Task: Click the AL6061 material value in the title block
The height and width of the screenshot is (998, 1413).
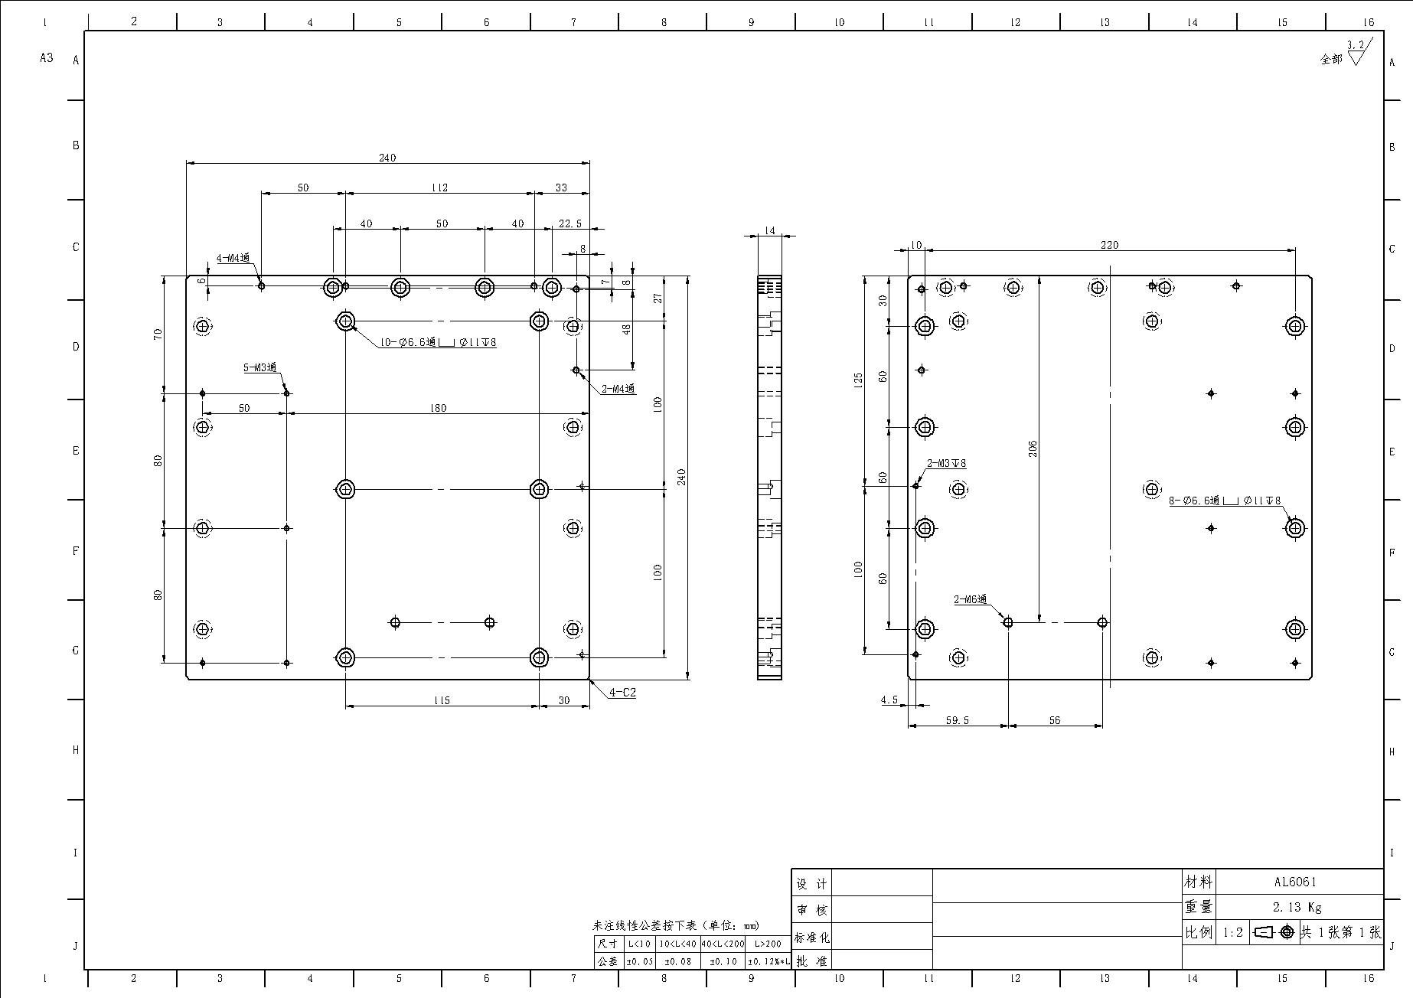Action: (x=1295, y=882)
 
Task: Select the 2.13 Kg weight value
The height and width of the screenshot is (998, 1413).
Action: (x=1297, y=908)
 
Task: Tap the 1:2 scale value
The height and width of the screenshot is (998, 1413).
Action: (x=1232, y=933)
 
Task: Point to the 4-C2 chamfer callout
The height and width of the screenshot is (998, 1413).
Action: (x=622, y=693)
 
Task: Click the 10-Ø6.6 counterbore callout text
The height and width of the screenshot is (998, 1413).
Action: (x=438, y=342)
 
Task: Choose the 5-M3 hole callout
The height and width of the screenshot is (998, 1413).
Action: (x=259, y=368)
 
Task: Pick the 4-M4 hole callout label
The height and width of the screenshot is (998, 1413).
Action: (x=233, y=259)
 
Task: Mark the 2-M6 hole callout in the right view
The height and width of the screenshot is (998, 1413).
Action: (x=971, y=599)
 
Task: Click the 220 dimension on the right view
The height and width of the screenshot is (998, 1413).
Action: (x=1109, y=245)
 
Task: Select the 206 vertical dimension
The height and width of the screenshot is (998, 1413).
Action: (x=1033, y=448)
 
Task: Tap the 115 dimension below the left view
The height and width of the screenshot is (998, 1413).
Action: (x=442, y=700)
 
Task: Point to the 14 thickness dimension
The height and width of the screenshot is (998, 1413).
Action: (x=769, y=230)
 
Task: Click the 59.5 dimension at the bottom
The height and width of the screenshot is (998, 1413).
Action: (x=958, y=720)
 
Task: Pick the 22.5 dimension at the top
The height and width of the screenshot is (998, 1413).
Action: (x=570, y=223)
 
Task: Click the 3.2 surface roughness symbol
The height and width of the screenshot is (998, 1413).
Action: (x=1356, y=51)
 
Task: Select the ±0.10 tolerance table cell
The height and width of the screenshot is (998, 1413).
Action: (x=723, y=961)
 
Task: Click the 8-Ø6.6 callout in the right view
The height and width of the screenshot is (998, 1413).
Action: (x=1225, y=501)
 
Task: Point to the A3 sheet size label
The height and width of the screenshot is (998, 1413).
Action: (x=47, y=57)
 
